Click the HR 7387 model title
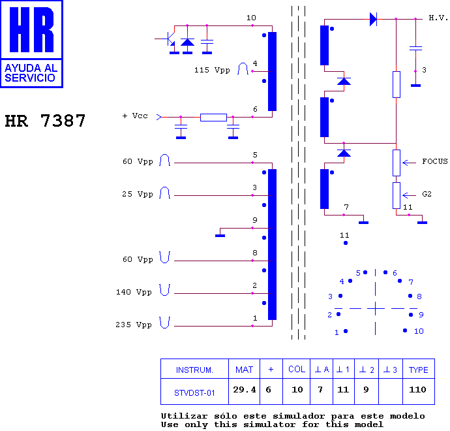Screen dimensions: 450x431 45,121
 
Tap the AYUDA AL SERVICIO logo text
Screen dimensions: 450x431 31,73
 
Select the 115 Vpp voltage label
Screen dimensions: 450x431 212,70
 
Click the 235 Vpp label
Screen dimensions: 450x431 134,325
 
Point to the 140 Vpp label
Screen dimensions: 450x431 134,292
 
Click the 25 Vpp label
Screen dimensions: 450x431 138,194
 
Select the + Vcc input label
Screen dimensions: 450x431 135,116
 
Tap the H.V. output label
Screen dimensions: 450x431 438,18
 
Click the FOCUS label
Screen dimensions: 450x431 435,161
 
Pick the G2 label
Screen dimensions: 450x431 427,194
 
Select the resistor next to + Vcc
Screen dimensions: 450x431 213,118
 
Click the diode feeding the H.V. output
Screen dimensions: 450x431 373,19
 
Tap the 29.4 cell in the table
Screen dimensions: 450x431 244,390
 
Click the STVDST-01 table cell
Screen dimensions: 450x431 194,392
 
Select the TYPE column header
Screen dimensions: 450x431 419,370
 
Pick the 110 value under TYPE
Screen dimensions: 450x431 417,390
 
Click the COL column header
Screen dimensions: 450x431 297,369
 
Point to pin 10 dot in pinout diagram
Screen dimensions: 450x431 405,330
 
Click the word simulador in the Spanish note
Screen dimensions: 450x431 299,416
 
